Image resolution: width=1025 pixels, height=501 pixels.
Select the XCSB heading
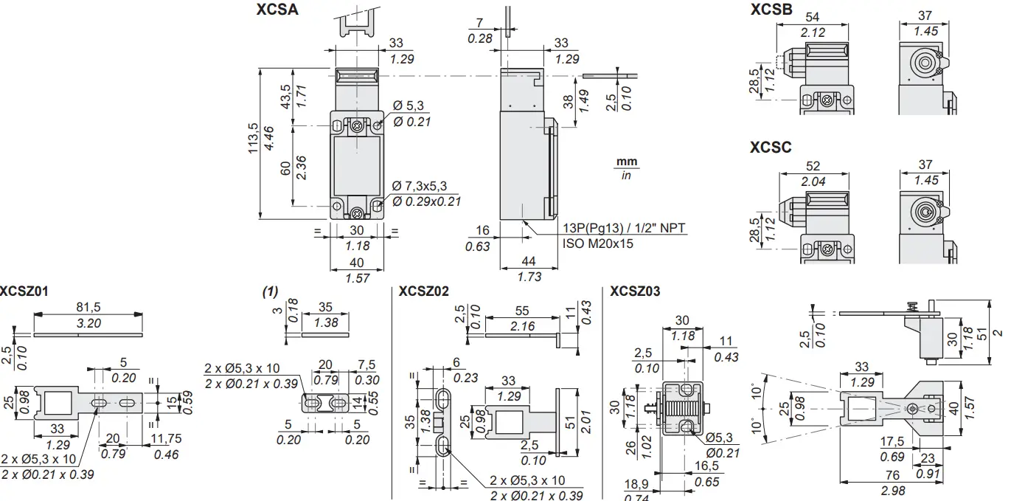[771, 10]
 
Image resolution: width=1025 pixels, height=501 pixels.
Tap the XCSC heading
[771, 148]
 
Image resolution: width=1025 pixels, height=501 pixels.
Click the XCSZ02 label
[423, 291]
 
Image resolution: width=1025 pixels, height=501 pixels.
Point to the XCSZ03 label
[635, 291]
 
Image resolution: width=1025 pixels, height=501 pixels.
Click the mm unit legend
[627, 162]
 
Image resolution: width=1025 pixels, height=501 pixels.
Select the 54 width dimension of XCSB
[813, 17]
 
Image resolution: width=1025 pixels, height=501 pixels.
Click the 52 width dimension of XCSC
[813, 167]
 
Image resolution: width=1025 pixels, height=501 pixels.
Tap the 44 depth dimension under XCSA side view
[529, 261]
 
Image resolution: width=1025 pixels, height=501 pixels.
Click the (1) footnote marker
[270, 292]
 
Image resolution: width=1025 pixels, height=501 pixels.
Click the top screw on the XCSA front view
[358, 126]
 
